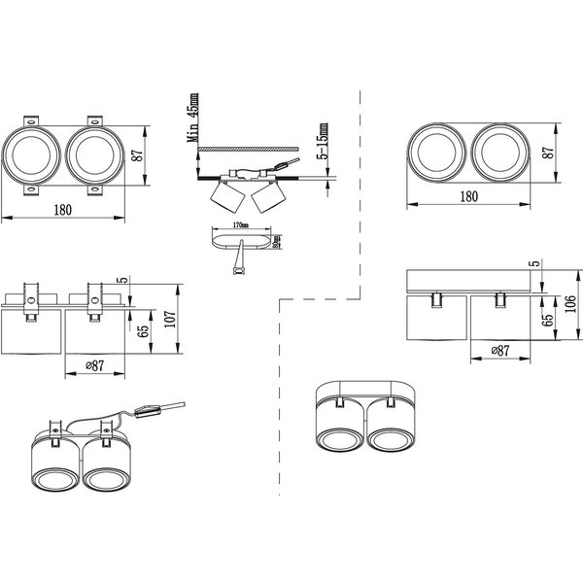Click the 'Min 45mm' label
[194, 119]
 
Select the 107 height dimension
[171, 321]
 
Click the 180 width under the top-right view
[467, 196]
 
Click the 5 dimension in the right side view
[533, 263]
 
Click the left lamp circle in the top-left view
[32, 155]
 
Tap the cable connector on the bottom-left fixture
[148, 411]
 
